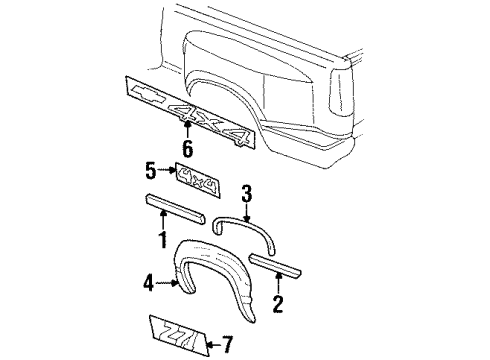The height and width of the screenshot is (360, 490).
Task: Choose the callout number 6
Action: [x=186, y=149]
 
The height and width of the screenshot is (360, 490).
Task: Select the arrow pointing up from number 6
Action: [x=186, y=130]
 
